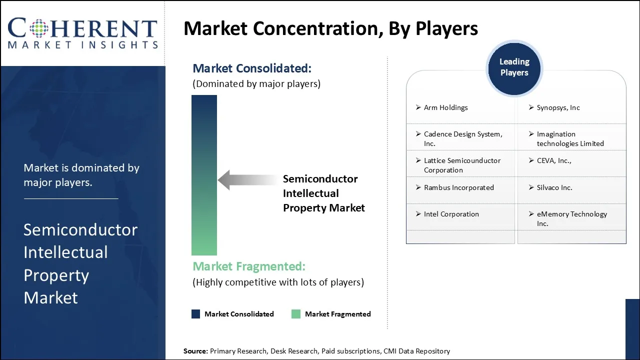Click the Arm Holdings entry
(445, 107)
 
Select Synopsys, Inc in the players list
(558, 107)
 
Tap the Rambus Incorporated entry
(459, 187)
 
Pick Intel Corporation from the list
(451, 214)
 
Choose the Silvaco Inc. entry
(554, 187)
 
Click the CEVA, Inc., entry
(554, 160)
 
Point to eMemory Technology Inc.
(572, 218)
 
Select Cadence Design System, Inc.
(463, 138)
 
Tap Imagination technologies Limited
(570, 138)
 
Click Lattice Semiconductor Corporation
(462, 165)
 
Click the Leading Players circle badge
(514, 68)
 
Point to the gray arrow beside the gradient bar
(248, 180)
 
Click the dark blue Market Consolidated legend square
(195, 314)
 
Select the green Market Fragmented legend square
(296, 314)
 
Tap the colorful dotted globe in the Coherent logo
(39, 28)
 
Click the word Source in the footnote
(195, 351)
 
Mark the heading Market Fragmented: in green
(249, 266)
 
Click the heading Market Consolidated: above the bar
(252, 68)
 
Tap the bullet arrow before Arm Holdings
(418, 107)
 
